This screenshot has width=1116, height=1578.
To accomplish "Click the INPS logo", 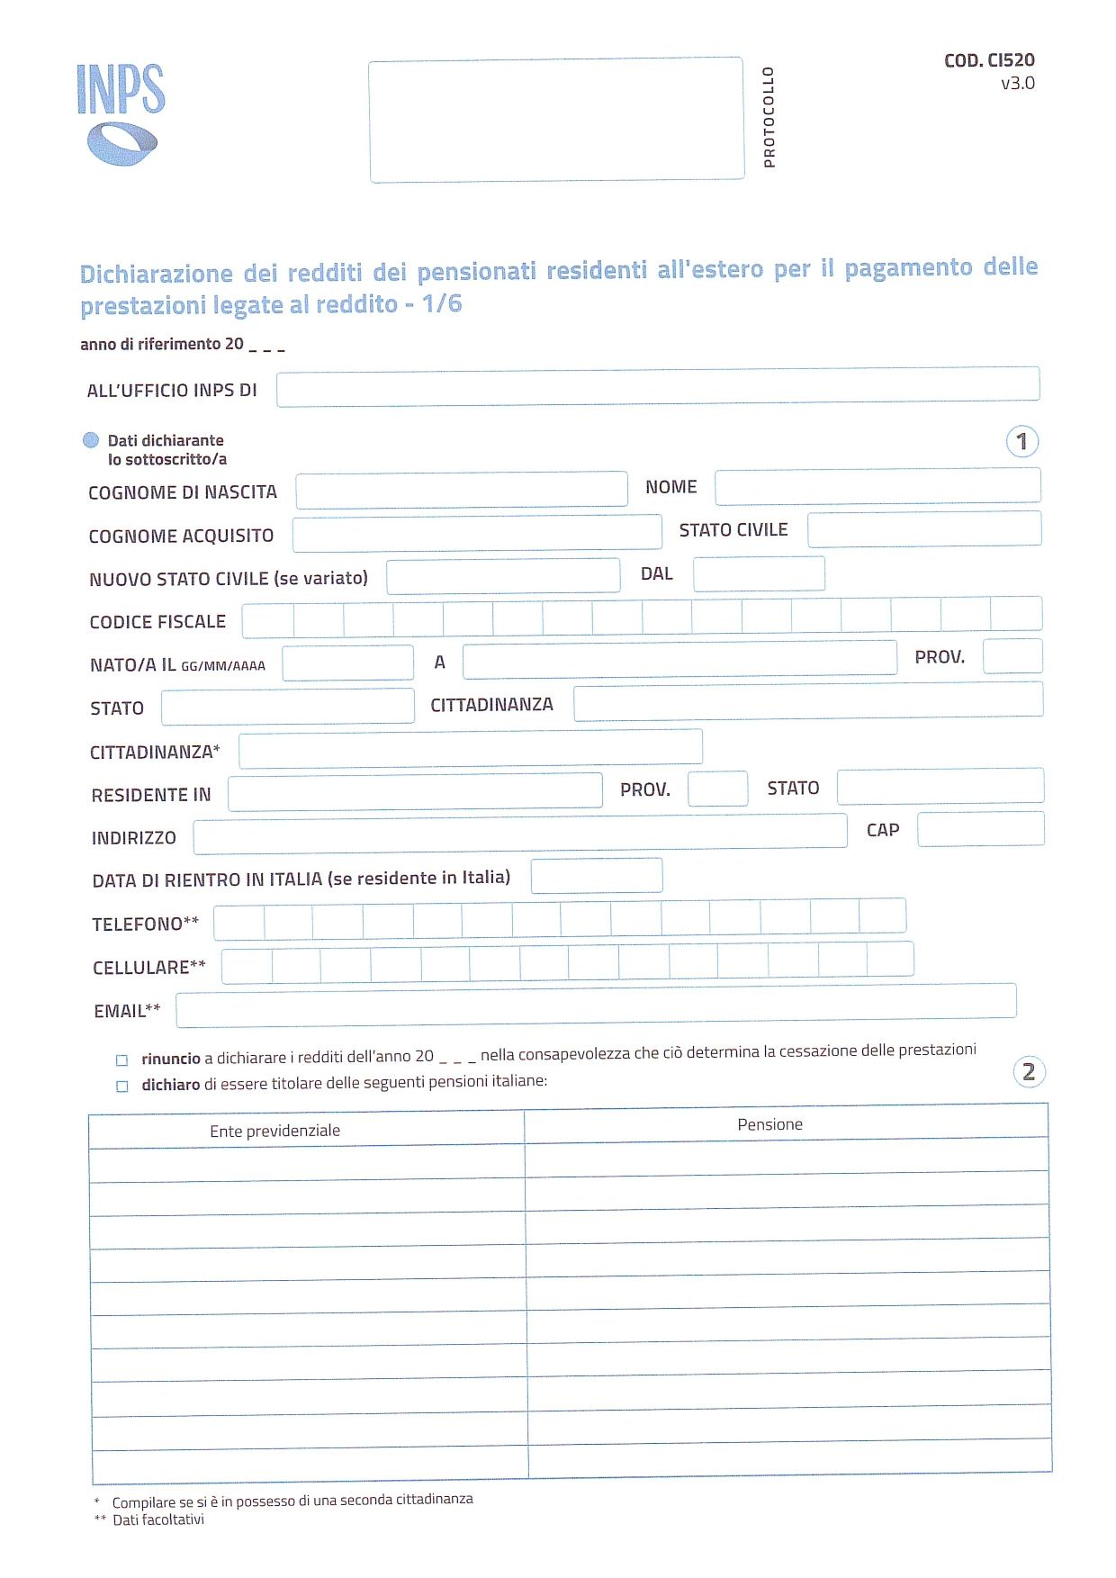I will pos(121,114).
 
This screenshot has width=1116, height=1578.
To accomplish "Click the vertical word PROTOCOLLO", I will pos(769,117).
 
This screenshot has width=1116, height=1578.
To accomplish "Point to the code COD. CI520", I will pos(989,60).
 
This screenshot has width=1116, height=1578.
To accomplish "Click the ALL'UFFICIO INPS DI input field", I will pos(657,387).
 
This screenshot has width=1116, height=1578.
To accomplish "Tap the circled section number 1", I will pos(1021,442).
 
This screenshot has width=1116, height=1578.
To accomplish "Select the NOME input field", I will pos(877,486).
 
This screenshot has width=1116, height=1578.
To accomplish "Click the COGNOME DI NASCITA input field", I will pos(461,490).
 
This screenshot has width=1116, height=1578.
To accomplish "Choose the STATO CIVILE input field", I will pos(923,529).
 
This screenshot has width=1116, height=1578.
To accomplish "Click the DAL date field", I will pos(758,574).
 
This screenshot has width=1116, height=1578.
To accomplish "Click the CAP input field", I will pos(980,829).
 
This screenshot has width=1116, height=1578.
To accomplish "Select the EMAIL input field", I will pos(596,1006).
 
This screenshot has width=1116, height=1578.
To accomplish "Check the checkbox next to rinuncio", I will pos(122,1060).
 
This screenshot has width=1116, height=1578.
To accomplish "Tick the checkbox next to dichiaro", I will pos(122,1087).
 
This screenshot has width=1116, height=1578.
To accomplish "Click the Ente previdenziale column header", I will pos(275,1131).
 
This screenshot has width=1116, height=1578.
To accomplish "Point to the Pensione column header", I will pos(769,1124).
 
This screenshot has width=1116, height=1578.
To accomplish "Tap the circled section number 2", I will pos(1029,1072).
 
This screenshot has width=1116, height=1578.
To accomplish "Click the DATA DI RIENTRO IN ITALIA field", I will pos(596,876).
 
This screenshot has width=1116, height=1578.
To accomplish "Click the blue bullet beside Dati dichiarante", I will pos(91,440).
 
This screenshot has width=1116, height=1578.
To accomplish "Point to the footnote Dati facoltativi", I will pos(158,1519).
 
